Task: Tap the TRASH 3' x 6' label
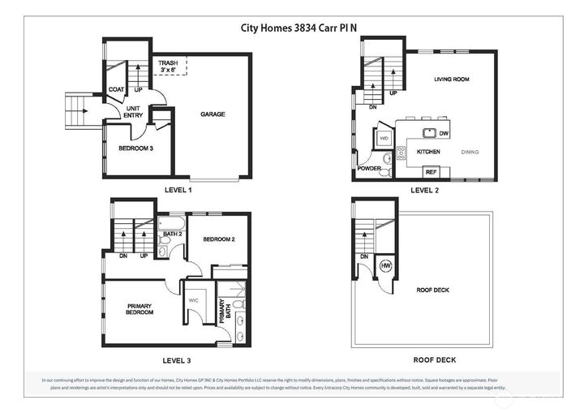click(x=168, y=67)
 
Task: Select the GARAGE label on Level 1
click(x=213, y=114)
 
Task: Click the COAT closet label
click(x=117, y=89)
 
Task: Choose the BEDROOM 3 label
click(x=135, y=149)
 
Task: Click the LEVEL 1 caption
click(x=178, y=190)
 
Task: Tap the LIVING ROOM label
click(x=453, y=80)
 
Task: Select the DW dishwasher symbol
click(x=444, y=132)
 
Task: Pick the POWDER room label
click(x=369, y=169)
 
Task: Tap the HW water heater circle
click(x=386, y=266)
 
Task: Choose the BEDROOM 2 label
click(x=219, y=239)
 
